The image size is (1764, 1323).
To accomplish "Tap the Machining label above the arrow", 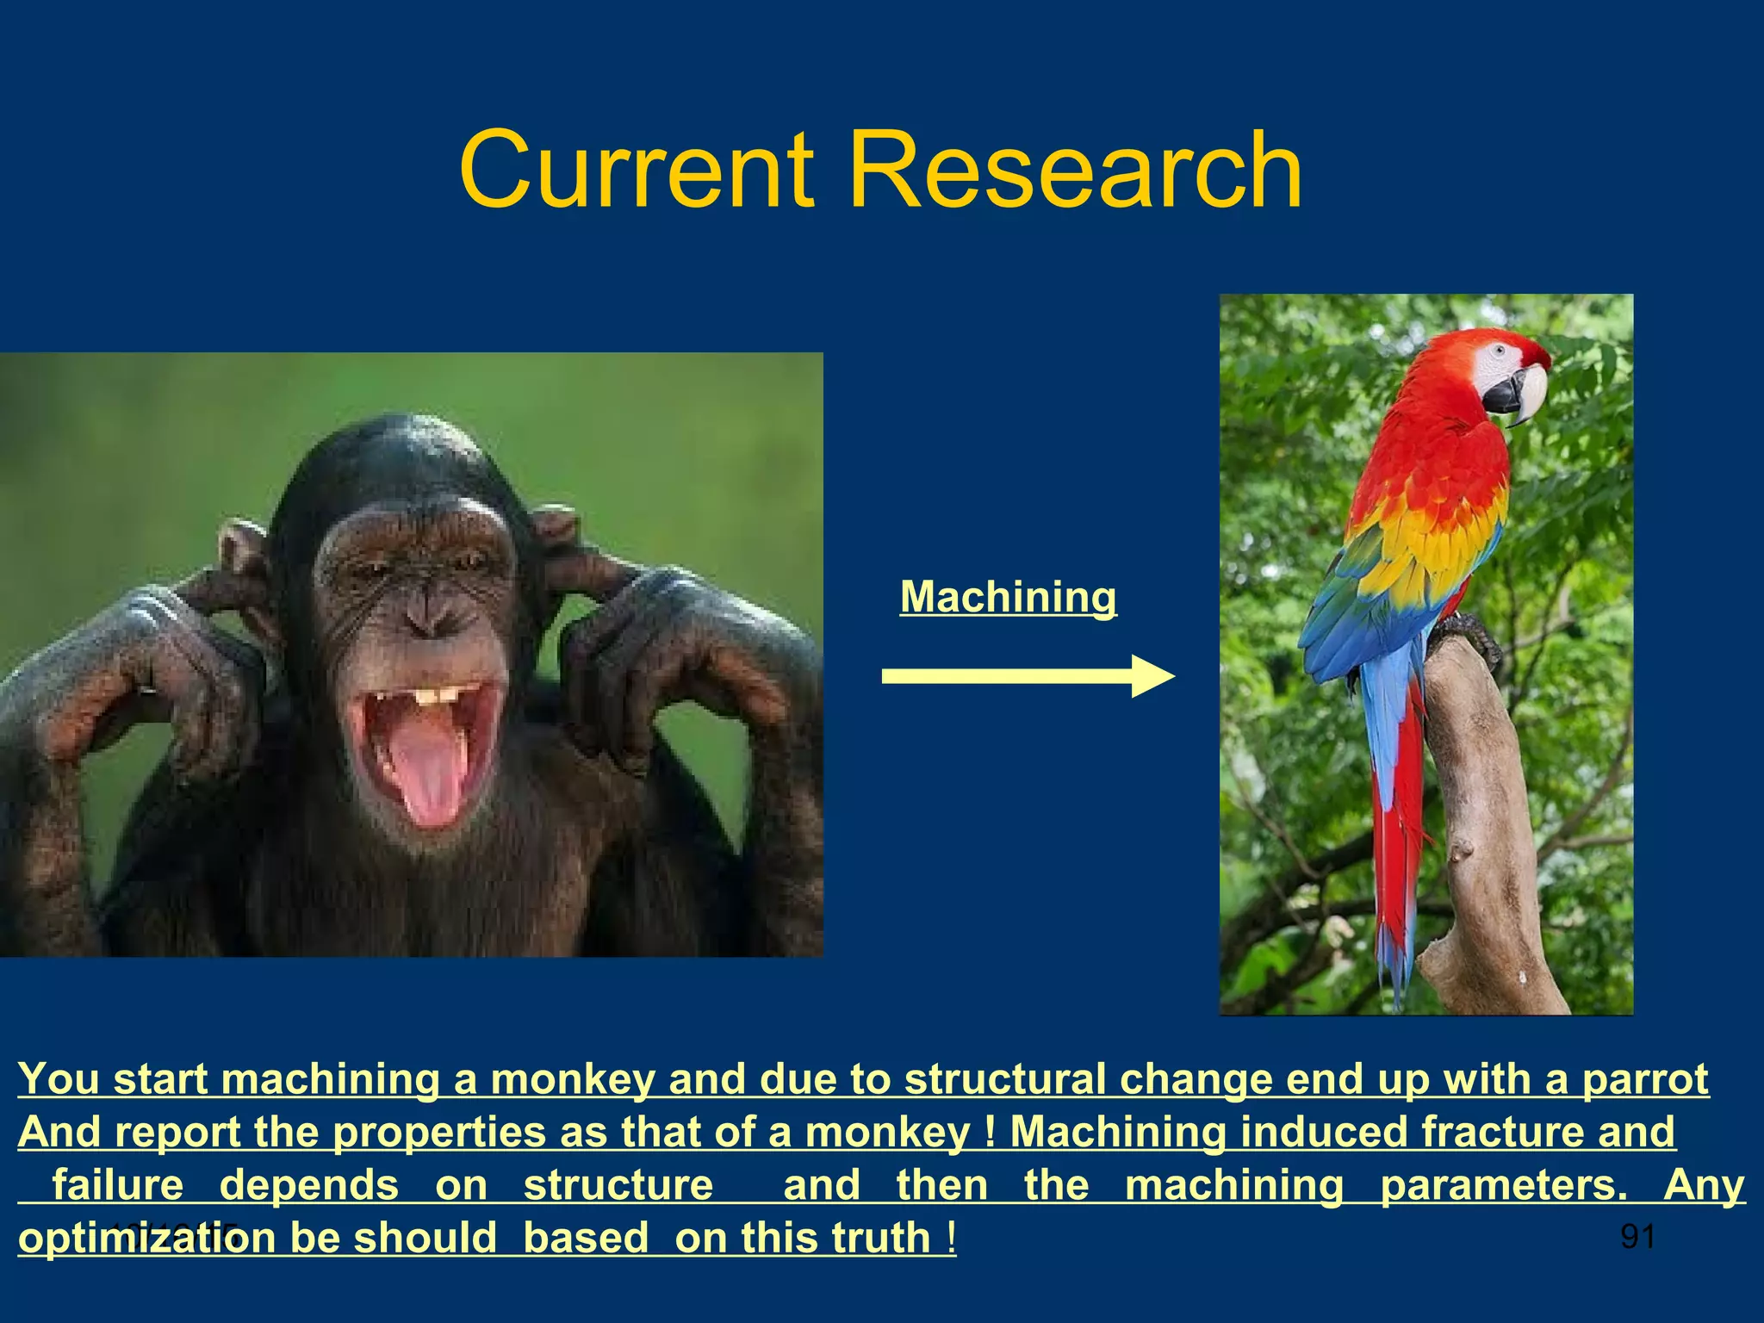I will point(1008,597).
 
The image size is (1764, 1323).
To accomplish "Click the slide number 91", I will point(1637,1237).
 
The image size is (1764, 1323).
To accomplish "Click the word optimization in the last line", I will point(146,1239).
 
